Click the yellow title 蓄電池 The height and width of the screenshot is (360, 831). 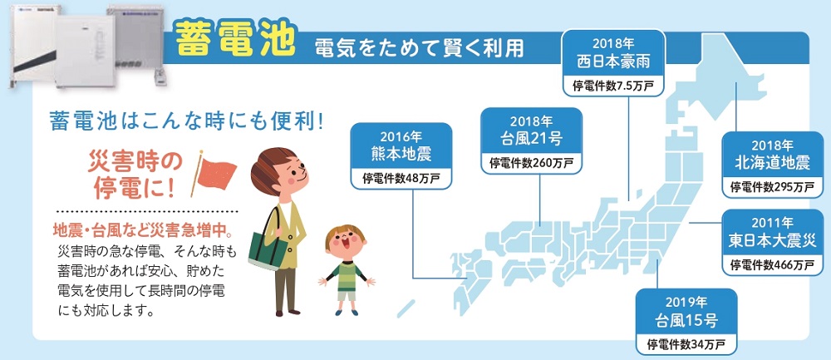pyautogui.click(x=235, y=39)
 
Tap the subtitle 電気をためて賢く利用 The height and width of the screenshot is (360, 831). pyautogui.click(x=419, y=48)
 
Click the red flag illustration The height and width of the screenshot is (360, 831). pyautogui.click(x=215, y=174)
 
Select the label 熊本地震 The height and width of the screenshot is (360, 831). pyautogui.click(x=401, y=155)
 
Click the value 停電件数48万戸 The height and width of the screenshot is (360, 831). pyautogui.click(x=401, y=179)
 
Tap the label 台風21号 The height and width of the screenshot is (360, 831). pyautogui.click(x=532, y=139)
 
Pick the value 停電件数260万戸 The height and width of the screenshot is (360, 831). pyautogui.click(x=532, y=163)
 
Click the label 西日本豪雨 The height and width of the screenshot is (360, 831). pyautogui.click(x=613, y=62)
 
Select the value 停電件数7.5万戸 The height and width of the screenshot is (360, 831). pyautogui.click(x=613, y=86)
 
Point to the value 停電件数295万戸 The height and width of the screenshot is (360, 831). pyautogui.click(x=772, y=187)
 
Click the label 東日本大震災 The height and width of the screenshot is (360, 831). pyautogui.click(x=772, y=240)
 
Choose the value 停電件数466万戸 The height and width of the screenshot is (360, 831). pyautogui.click(x=772, y=264)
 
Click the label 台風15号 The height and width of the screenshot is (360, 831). pyautogui.click(x=686, y=320)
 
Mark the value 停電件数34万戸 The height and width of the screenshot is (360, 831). pyautogui.click(x=686, y=345)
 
